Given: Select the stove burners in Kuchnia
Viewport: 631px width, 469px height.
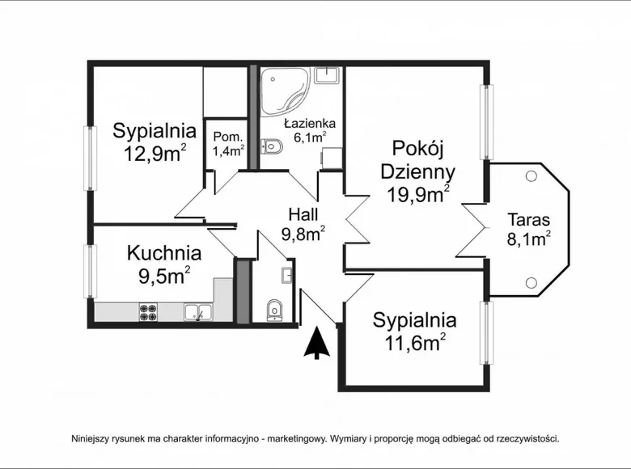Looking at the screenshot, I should click(148, 311).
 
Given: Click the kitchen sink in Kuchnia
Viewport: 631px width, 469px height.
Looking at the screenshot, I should click(197, 311).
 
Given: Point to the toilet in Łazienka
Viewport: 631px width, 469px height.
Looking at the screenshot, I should click(270, 146).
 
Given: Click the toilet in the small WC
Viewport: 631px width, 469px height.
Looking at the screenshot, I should click(274, 308).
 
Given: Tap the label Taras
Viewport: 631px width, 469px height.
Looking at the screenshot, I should click(528, 219).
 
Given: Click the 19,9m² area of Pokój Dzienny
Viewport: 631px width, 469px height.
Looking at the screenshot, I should click(417, 194).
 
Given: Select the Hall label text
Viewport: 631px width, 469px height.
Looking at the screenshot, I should click(303, 214).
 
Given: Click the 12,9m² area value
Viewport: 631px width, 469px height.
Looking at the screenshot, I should click(155, 154).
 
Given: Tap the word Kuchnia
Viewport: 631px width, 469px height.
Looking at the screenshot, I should click(164, 252).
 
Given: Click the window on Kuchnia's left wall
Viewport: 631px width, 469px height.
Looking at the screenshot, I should click(91, 272).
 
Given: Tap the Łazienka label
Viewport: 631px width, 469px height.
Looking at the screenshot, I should click(310, 124).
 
